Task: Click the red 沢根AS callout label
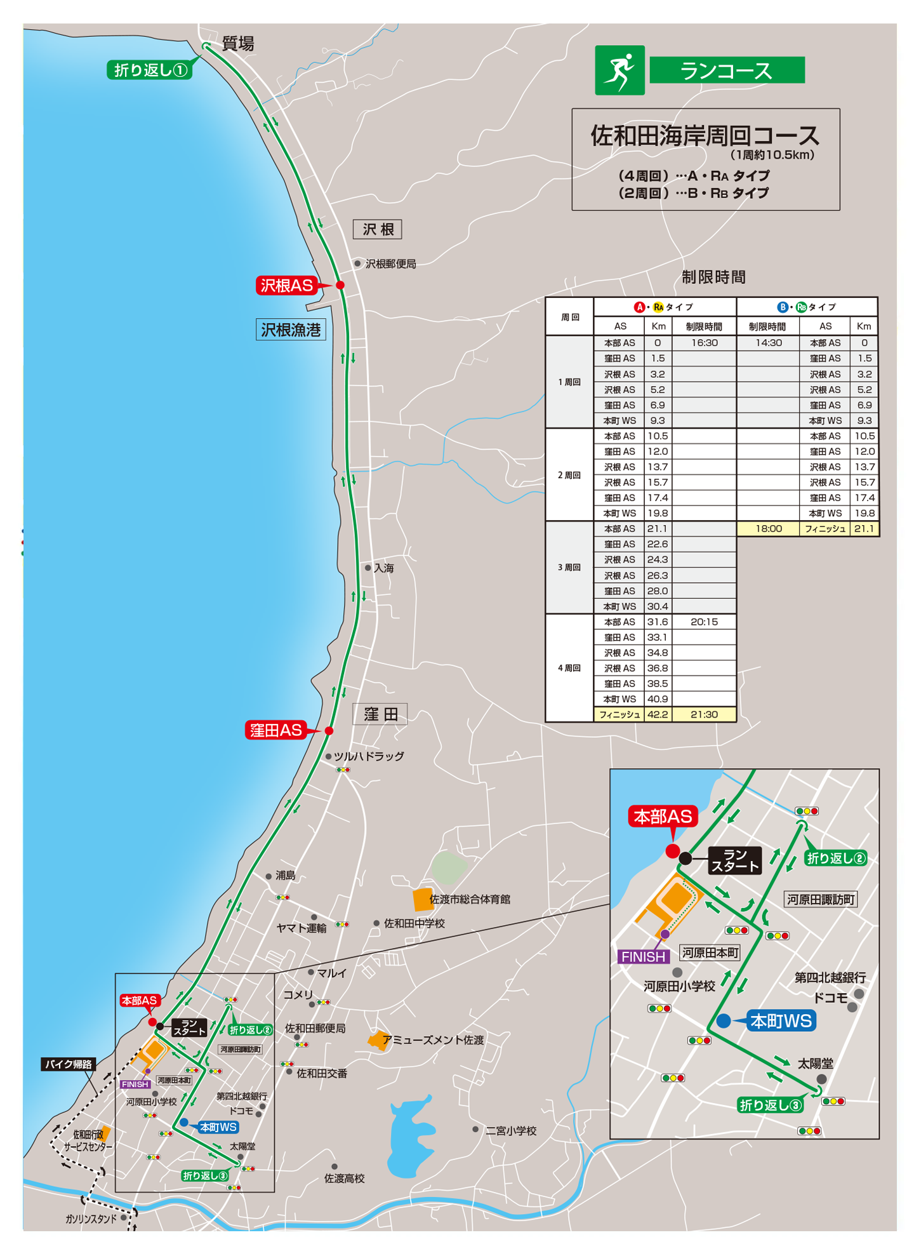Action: (x=287, y=286)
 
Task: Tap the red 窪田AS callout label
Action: (x=276, y=730)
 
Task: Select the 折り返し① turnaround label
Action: (x=150, y=70)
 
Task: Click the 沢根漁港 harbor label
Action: (x=291, y=330)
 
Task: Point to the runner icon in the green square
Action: (x=619, y=70)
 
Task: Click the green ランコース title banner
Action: (x=727, y=70)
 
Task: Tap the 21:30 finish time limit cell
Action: (x=704, y=714)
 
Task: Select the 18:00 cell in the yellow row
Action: (x=768, y=528)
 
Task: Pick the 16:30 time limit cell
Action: (x=704, y=343)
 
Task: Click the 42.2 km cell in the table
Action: (x=658, y=714)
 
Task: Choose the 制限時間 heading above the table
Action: (x=713, y=277)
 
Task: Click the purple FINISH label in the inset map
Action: (x=643, y=956)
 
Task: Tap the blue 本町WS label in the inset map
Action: (x=781, y=1020)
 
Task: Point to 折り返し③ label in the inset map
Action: (x=771, y=1105)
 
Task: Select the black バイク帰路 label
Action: (x=69, y=1064)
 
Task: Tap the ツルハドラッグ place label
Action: (x=369, y=756)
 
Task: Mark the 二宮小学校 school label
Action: (x=511, y=1130)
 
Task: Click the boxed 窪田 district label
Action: (x=380, y=714)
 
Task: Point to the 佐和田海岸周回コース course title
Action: (x=705, y=135)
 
